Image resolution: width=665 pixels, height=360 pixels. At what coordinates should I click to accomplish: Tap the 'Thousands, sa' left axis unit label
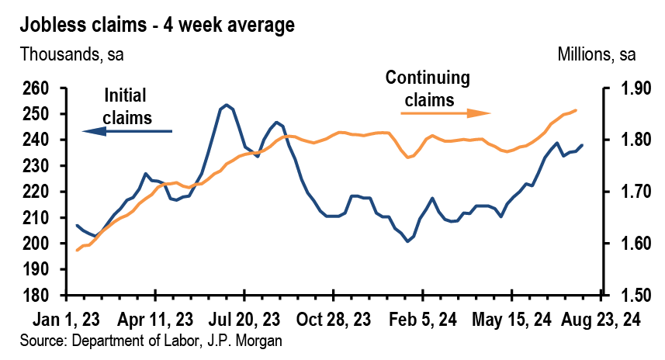pyautogui.click(x=72, y=55)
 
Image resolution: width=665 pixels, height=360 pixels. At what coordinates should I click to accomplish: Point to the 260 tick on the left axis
pyautogui.click(x=36, y=88)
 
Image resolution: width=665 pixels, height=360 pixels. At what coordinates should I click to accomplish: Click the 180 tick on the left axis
pyautogui.click(x=36, y=296)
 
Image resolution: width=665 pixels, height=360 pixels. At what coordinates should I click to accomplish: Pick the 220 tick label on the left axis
pyautogui.click(x=36, y=192)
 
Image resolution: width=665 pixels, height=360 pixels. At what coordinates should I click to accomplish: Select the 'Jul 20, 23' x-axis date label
pyautogui.click(x=244, y=319)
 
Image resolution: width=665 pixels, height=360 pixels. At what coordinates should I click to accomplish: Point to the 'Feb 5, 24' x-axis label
pyautogui.click(x=422, y=319)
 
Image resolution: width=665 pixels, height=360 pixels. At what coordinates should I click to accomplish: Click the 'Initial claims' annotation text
pyautogui.click(x=128, y=106)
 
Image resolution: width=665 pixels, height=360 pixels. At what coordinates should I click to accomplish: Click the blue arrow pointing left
pyautogui.click(x=127, y=132)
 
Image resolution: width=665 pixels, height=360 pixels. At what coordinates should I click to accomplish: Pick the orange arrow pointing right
pyautogui.click(x=446, y=113)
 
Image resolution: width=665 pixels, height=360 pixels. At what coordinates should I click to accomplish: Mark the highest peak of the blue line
pyautogui.click(x=226, y=105)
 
